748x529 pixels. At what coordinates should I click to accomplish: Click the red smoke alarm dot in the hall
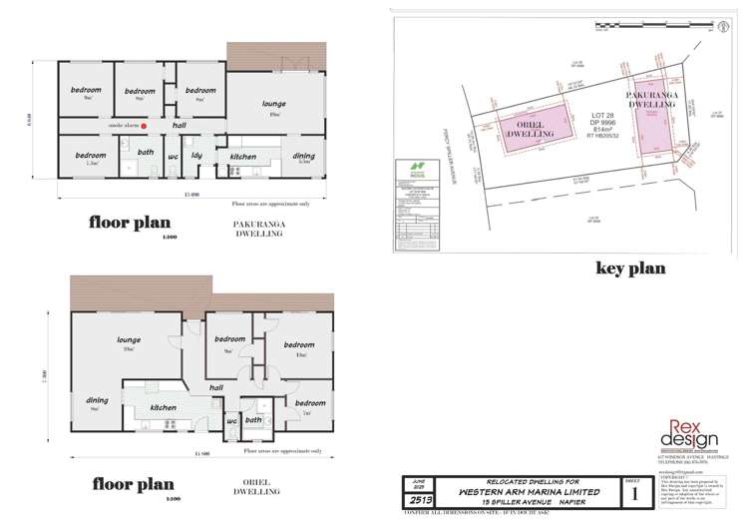[145, 127]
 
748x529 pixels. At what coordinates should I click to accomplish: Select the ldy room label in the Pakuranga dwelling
[197, 155]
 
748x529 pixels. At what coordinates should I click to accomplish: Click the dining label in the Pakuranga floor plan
[303, 155]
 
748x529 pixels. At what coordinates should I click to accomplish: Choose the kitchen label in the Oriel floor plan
[163, 407]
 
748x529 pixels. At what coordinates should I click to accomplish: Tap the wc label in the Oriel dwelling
[231, 420]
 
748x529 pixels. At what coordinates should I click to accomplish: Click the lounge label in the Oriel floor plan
[127, 339]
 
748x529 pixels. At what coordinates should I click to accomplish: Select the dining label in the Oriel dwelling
[97, 399]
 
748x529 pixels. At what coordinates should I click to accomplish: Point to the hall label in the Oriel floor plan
[215, 387]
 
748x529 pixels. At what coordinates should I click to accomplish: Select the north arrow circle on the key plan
[719, 31]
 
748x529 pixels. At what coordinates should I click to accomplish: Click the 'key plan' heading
[629, 267]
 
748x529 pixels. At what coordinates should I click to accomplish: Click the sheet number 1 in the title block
[632, 492]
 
